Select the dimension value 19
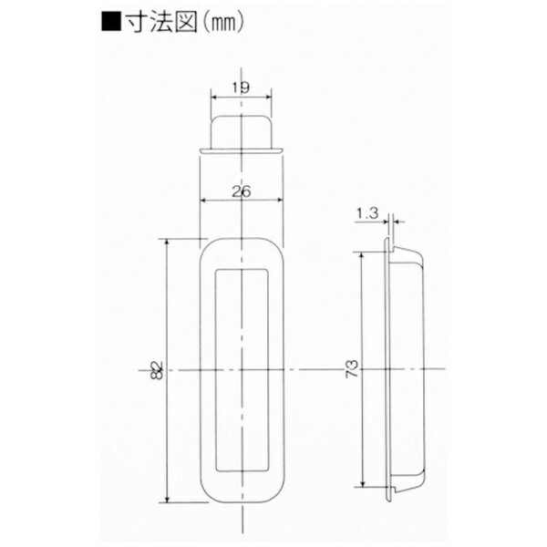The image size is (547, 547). pos(242,88)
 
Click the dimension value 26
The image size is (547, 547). pos(242,191)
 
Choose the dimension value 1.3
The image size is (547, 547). pos(367,214)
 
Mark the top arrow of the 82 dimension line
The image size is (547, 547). pos(168,242)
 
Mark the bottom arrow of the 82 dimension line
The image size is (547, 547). pos(168,499)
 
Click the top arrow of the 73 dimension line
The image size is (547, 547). pos(366,256)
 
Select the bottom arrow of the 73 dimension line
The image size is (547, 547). pos(366,485)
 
